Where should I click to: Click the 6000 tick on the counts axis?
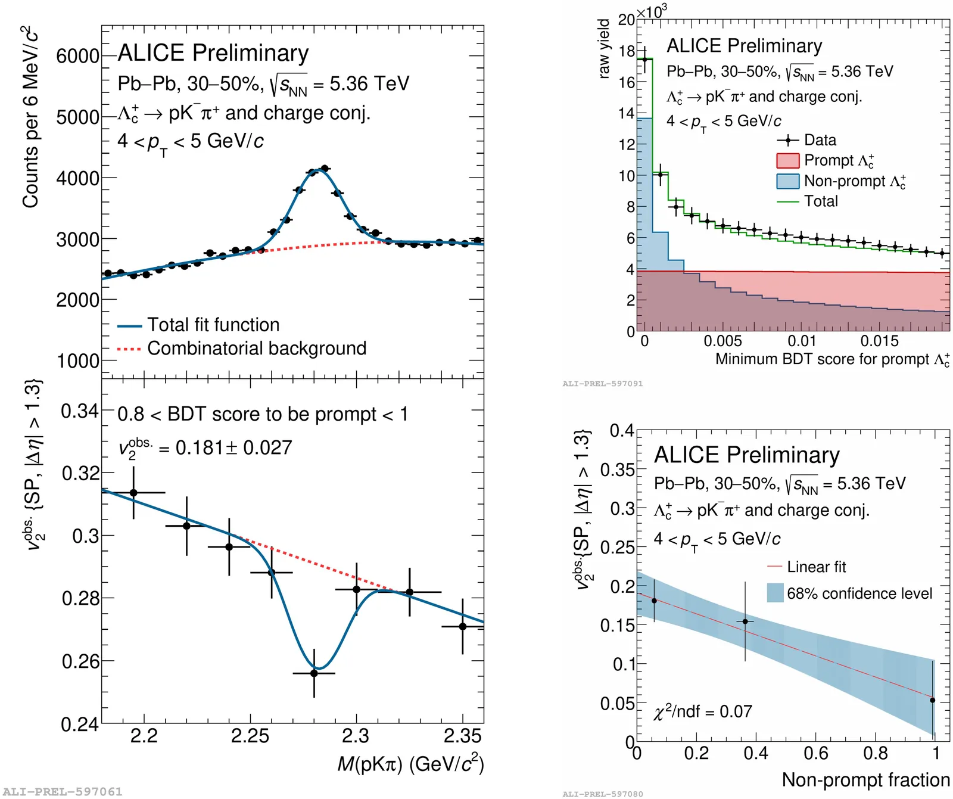point(77,56)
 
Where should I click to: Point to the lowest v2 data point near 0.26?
point(314,673)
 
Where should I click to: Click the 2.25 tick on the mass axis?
point(250,736)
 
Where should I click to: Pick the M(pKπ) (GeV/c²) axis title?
point(410,764)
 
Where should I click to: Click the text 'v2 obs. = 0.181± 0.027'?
point(204,448)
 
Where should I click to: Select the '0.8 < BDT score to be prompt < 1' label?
point(263,414)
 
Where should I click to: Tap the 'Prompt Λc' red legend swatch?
point(787,161)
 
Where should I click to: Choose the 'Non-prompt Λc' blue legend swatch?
point(787,181)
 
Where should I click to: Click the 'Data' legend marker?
point(787,141)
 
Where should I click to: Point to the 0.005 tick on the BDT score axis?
point(722,341)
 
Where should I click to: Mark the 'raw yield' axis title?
point(604,49)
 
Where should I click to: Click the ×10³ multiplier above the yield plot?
point(651,11)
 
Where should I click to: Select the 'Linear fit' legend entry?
point(815,567)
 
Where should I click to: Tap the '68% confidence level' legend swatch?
point(775,593)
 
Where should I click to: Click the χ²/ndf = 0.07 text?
point(702,711)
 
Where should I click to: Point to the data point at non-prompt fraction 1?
point(932,700)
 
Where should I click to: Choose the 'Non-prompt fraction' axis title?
point(865,780)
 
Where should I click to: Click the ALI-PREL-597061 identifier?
point(63,792)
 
